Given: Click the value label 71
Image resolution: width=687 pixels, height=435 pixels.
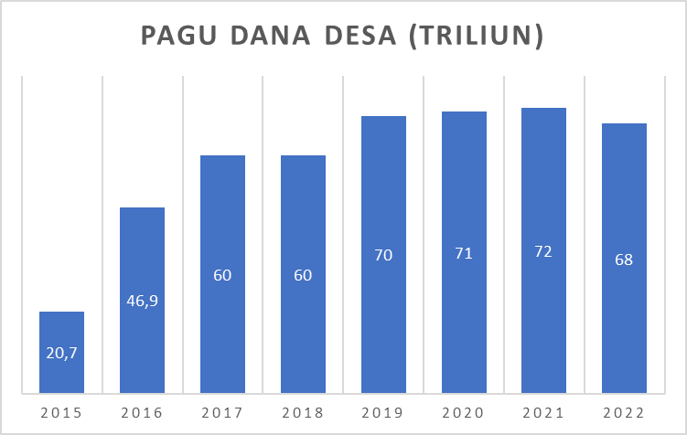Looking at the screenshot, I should pyautogui.click(x=464, y=254).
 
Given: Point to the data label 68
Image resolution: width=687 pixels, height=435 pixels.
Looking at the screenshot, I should pyautogui.click(x=624, y=259).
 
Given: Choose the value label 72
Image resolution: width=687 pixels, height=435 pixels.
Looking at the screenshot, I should pyautogui.click(x=543, y=251).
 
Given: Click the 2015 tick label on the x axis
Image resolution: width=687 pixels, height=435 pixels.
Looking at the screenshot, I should pyautogui.click(x=61, y=413).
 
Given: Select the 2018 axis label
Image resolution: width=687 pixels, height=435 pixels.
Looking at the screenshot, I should pyautogui.click(x=303, y=413).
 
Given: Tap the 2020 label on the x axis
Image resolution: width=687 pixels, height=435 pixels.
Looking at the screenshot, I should pyautogui.click(x=464, y=413).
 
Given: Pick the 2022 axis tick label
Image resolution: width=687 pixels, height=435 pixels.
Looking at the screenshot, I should pyautogui.click(x=624, y=413).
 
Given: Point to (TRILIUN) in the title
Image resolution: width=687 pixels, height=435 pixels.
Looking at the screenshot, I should pyautogui.click(x=476, y=37).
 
